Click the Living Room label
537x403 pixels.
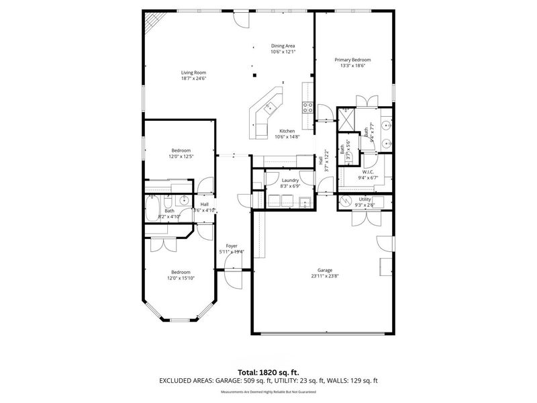click(193, 73)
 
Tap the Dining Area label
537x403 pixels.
click(283, 46)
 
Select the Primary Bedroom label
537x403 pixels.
click(352, 60)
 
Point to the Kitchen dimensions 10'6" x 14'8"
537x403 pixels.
click(287, 136)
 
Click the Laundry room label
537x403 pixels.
click(290, 180)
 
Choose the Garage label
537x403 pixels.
click(325, 270)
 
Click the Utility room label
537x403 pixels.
click(365, 199)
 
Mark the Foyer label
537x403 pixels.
click(232, 246)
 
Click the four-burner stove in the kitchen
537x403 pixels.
click(309, 105)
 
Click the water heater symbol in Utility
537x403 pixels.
click(345, 201)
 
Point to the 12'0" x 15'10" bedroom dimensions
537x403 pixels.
click(181, 278)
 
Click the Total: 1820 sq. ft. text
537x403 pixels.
click(268, 371)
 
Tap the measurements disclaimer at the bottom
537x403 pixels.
click(268, 391)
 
